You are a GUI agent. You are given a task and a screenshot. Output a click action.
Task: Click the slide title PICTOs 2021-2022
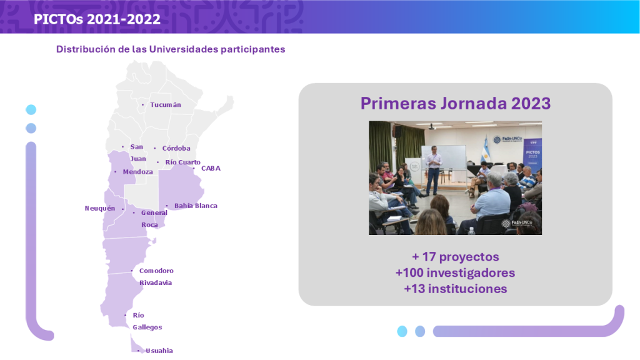click(x=97, y=19)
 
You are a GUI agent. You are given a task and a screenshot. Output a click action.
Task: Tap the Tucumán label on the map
click(x=165, y=105)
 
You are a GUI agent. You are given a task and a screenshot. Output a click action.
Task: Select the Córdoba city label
click(x=176, y=148)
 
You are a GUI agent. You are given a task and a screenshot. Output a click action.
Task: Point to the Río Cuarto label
click(x=183, y=162)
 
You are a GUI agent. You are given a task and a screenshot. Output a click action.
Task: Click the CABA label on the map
click(x=211, y=168)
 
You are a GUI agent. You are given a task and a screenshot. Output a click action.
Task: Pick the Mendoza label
click(x=138, y=172)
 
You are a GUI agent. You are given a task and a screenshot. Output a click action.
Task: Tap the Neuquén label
click(x=100, y=208)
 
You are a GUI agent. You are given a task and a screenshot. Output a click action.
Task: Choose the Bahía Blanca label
click(x=196, y=206)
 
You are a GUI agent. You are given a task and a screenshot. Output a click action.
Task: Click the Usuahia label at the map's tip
click(x=159, y=351)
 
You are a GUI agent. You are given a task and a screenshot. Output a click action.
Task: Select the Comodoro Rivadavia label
click(x=156, y=277)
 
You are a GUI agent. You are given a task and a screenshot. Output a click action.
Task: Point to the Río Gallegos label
click(x=147, y=321)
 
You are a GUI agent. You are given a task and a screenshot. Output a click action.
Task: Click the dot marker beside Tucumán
click(x=143, y=105)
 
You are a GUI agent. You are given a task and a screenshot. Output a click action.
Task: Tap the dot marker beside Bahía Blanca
click(x=166, y=206)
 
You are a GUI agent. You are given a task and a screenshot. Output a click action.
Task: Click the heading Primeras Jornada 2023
click(x=456, y=103)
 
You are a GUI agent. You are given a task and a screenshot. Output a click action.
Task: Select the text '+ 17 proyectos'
click(x=456, y=257)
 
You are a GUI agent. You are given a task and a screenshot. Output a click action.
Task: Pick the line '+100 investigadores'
click(x=455, y=272)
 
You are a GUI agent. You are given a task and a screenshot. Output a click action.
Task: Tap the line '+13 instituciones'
click(x=456, y=289)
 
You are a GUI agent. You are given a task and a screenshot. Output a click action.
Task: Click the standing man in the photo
click(x=434, y=170)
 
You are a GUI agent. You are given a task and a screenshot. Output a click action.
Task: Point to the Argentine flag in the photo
click(x=486, y=149)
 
